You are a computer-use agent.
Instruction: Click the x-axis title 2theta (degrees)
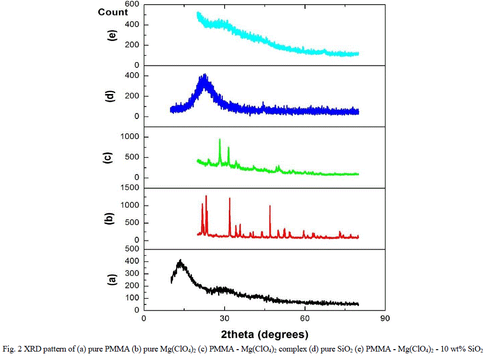point(265,335)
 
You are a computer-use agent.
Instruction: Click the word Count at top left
point(113,12)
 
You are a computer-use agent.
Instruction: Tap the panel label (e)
point(112,35)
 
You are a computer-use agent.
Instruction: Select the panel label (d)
point(112,95)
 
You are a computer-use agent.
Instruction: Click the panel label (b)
point(112,219)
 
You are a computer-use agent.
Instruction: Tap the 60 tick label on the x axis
point(305,318)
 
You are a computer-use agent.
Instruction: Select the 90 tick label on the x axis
point(385,318)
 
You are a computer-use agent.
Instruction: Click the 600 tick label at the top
point(132,4)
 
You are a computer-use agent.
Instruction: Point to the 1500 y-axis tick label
point(130,188)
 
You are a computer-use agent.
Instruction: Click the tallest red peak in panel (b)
point(206,196)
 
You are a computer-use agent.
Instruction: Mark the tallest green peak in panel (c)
point(219,140)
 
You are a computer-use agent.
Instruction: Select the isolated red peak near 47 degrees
point(270,206)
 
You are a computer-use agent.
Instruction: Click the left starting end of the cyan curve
point(198,14)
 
